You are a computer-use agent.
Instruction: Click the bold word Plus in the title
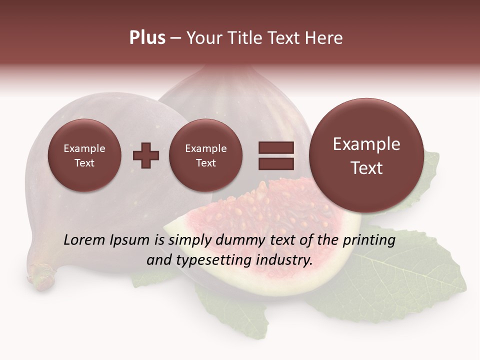(x=147, y=38)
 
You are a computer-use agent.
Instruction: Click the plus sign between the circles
(x=146, y=155)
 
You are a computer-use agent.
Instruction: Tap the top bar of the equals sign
(x=276, y=147)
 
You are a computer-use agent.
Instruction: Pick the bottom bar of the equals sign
(x=276, y=163)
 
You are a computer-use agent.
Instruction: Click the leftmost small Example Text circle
(x=84, y=155)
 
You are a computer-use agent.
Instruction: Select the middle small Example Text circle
(x=206, y=155)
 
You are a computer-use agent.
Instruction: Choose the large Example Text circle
(x=366, y=155)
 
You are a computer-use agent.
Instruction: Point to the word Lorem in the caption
(x=84, y=240)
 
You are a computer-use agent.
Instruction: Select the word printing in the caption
(x=368, y=240)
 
